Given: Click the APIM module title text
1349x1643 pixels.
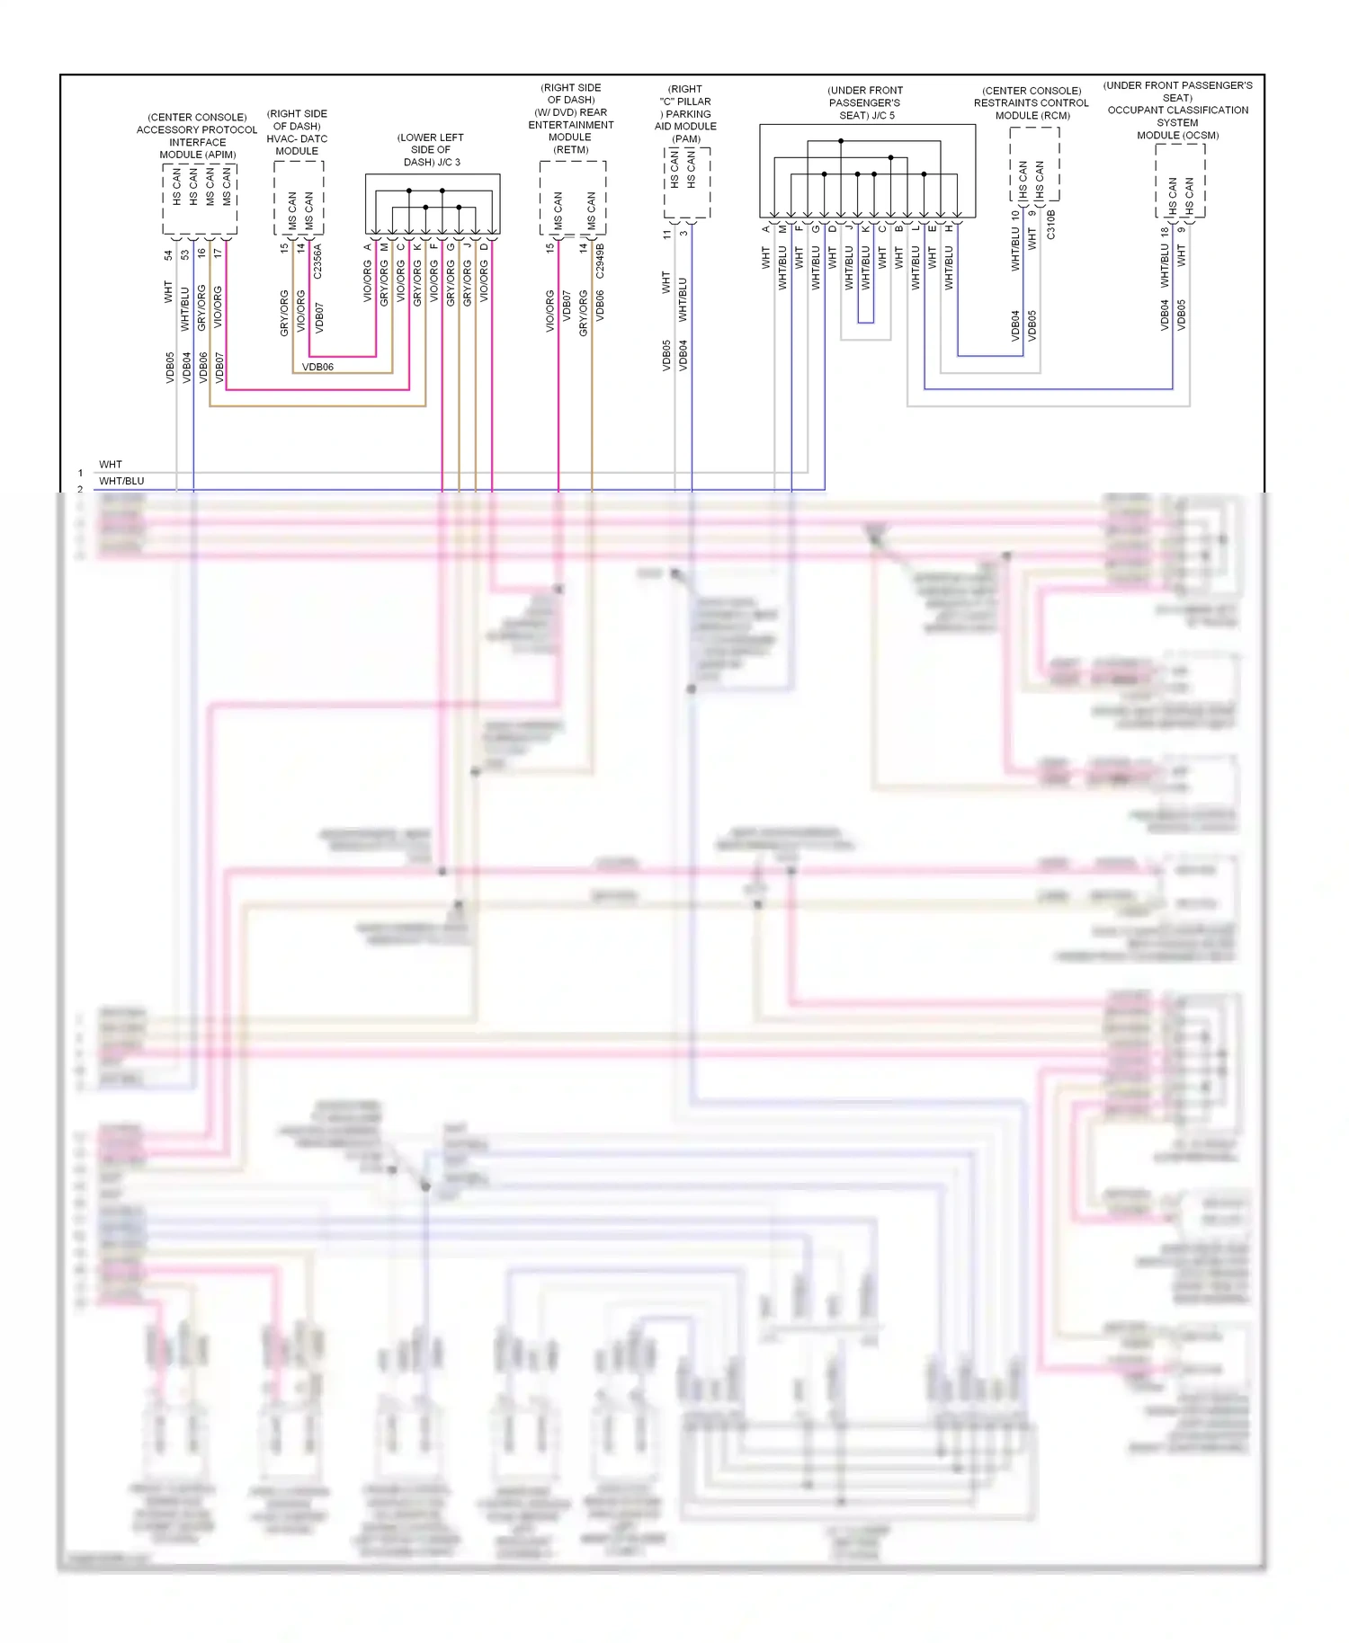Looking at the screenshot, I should (197, 136).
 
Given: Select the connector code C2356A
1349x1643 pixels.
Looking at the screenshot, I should (317, 261).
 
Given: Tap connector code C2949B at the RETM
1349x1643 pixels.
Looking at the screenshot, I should (600, 261).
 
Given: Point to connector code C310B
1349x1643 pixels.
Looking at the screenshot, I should (1050, 225).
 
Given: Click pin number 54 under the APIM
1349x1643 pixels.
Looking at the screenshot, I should (168, 255).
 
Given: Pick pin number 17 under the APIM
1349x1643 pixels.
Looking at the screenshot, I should (219, 253).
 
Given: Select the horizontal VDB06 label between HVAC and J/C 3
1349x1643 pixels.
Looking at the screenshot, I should (317, 367).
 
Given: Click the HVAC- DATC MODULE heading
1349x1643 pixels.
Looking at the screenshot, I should (297, 132).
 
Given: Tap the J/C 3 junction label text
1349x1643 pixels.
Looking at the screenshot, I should (431, 150).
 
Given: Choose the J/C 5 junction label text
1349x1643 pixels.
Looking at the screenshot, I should (865, 102).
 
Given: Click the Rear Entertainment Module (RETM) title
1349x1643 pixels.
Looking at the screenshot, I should (571, 119).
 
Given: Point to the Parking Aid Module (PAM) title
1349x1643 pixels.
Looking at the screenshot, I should (685, 113).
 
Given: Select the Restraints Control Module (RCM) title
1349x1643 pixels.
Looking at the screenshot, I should (1032, 102).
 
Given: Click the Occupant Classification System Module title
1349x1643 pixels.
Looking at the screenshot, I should (1177, 110).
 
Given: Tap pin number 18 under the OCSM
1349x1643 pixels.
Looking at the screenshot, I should (1165, 231).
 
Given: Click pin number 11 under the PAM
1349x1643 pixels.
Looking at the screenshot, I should (666, 234).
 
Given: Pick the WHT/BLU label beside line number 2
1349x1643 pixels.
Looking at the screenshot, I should (121, 481).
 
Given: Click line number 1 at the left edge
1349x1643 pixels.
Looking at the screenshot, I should (80, 473).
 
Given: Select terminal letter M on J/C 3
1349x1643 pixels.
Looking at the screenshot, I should (384, 246).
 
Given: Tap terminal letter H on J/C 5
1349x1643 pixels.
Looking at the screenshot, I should (949, 228).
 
